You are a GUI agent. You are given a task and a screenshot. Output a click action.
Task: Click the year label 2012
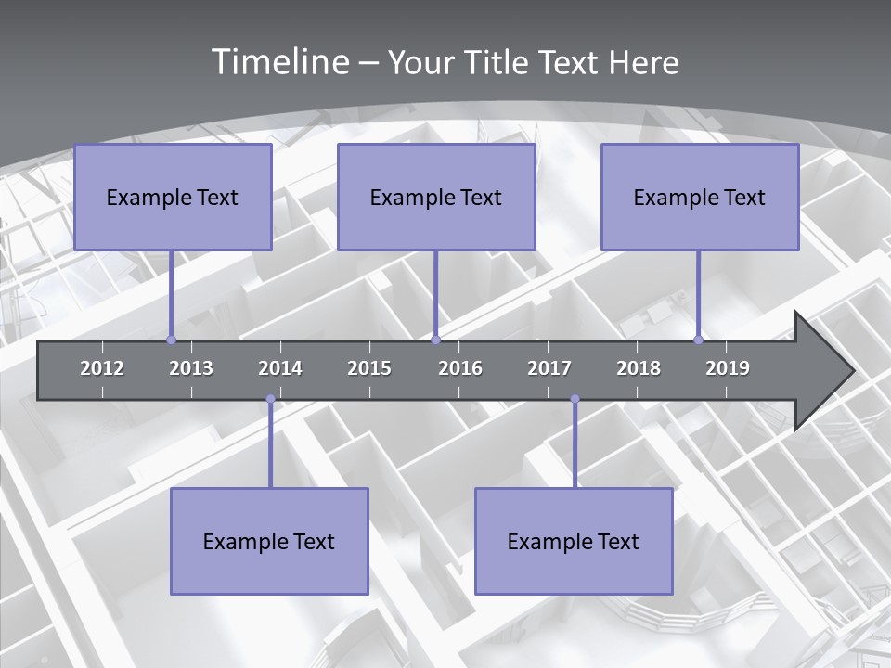[102, 368]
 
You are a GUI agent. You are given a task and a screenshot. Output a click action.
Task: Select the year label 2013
[191, 368]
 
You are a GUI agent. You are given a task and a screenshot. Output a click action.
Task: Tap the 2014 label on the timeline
[280, 368]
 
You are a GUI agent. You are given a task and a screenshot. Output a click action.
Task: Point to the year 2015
[369, 368]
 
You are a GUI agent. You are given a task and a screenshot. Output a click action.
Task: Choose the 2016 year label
[460, 368]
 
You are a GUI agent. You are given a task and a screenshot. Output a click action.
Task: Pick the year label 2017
[549, 368]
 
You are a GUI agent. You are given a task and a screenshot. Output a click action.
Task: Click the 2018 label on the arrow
[639, 368]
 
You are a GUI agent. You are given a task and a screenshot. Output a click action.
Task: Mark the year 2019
[728, 368]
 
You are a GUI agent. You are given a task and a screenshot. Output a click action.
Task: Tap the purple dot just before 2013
[171, 340]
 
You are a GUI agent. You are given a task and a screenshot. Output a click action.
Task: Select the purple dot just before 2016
[435, 340]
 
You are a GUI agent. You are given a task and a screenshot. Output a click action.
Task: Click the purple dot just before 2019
[699, 340]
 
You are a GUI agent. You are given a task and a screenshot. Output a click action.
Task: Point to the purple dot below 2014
[270, 399]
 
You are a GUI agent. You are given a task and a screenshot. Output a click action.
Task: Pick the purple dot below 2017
[575, 399]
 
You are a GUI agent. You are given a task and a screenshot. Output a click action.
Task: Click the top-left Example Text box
[173, 198]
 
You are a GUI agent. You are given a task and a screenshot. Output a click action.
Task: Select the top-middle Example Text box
[436, 198]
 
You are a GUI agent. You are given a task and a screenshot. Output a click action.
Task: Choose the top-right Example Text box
[700, 198]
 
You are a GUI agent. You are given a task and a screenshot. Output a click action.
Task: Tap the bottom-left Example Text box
[269, 542]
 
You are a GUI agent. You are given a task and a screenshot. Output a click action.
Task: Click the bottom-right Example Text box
[574, 542]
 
